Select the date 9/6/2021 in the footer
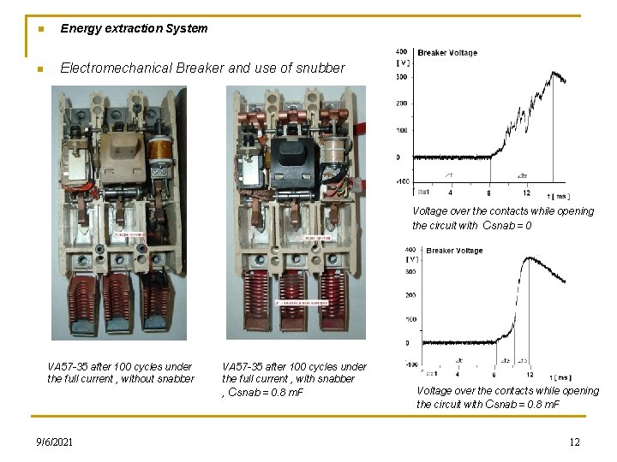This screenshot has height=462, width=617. tap(55, 441)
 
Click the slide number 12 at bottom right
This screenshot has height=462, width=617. tap(574, 441)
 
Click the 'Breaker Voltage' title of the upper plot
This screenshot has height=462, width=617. tap(447, 53)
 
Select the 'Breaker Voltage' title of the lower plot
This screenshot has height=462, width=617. tap(455, 251)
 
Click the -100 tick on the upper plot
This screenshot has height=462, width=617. tap(402, 181)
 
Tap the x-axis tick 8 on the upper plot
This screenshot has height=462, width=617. tap(489, 193)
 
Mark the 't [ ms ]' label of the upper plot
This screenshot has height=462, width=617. tap(557, 195)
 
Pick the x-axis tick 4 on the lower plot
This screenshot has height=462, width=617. tap(458, 374)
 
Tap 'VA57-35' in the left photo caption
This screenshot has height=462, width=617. tap(67, 367)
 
